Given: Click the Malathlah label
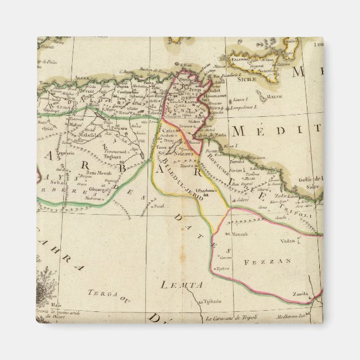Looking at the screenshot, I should [90, 134].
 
